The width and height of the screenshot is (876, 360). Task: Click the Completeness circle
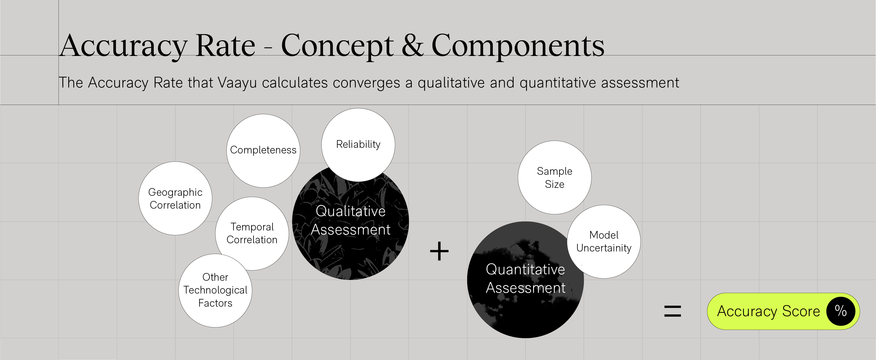click(x=263, y=151)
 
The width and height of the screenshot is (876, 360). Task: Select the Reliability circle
click(x=358, y=145)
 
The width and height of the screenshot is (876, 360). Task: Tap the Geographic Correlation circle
click(x=175, y=199)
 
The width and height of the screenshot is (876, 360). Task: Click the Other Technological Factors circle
click(x=215, y=290)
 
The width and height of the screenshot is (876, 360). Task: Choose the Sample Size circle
click(x=554, y=178)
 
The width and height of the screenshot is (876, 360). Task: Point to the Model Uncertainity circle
click(x=604, y=241)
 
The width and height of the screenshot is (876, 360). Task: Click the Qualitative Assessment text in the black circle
click(x=351, y=220)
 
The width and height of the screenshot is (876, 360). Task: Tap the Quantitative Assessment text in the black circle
click(x=525, y=278)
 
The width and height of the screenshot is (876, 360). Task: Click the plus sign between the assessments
click(x=439, y=251)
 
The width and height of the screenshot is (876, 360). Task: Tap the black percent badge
click(x=841, y=311)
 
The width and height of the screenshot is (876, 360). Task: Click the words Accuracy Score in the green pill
click(x=768, y=311)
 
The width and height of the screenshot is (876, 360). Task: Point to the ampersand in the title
click(x=412, y=46)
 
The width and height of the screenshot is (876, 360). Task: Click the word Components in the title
click(x=518, y=46)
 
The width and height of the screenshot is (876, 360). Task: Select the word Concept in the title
click(x=337, y=46)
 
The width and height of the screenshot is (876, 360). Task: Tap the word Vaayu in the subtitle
click(x=237, y=83)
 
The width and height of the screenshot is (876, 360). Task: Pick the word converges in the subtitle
click(x=366, y=83)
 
